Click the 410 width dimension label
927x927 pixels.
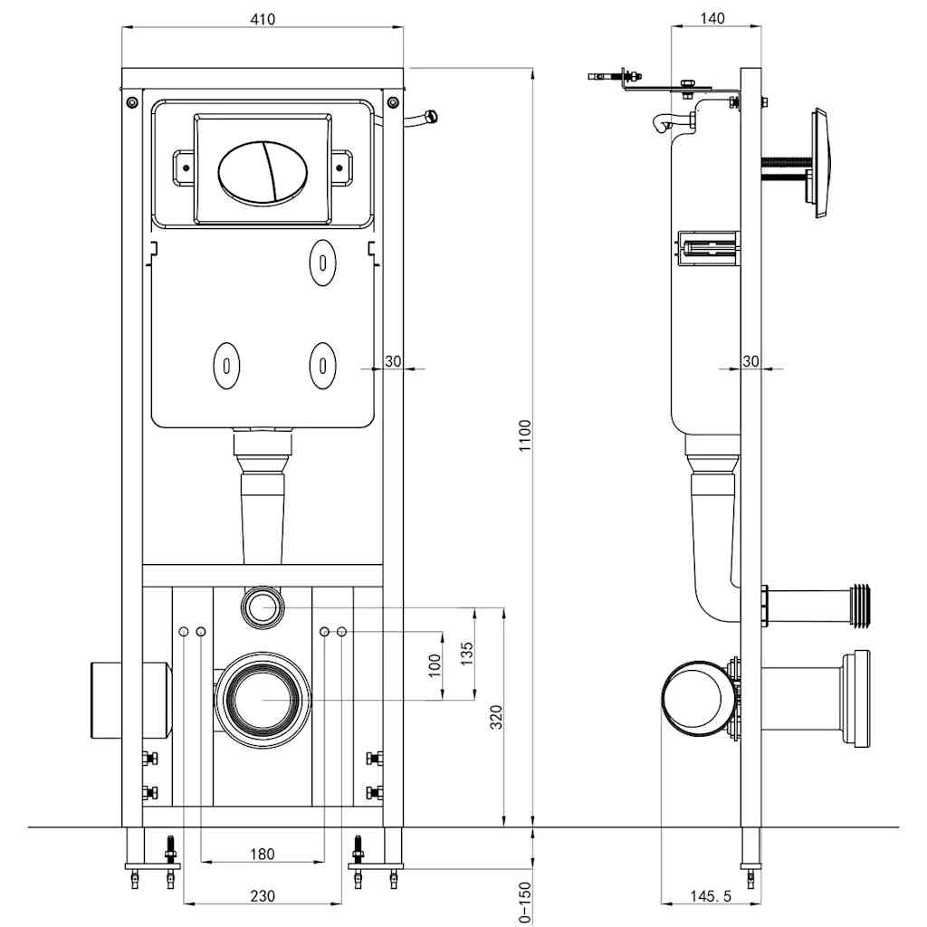pyautogui.click(x=263, y=18)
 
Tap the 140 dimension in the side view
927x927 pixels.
pyautogui.click(x=712, y=18)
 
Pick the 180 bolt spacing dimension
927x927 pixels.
pyautogui.click(x=262, y=854)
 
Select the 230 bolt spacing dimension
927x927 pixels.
pyautogui.click(x=262, y=896)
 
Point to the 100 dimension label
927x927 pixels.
pyautogui.click(x=435, y=665)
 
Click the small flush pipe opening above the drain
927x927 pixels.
pyautogui.click(x=263, y=606)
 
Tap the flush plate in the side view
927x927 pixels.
pyautogui.click(x=819, y=164)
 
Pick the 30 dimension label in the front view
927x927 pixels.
pyautogui.click(x=393, y=361)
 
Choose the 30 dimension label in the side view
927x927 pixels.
pyautogui.click(x=750, y=361)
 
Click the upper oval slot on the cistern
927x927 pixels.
pyautogui.click(x=321, y=260)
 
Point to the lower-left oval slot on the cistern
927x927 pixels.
pyautogui.click(x=225, y=365)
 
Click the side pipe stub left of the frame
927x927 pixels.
pyautogui.click(x=129, y=701)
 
